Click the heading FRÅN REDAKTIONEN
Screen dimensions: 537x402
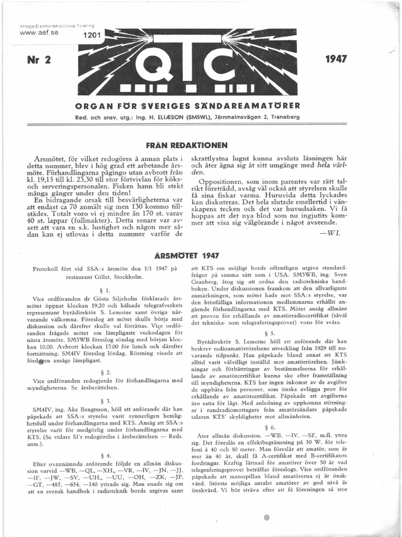click(186, 145)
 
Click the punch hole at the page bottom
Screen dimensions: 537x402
click(267, 518)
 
